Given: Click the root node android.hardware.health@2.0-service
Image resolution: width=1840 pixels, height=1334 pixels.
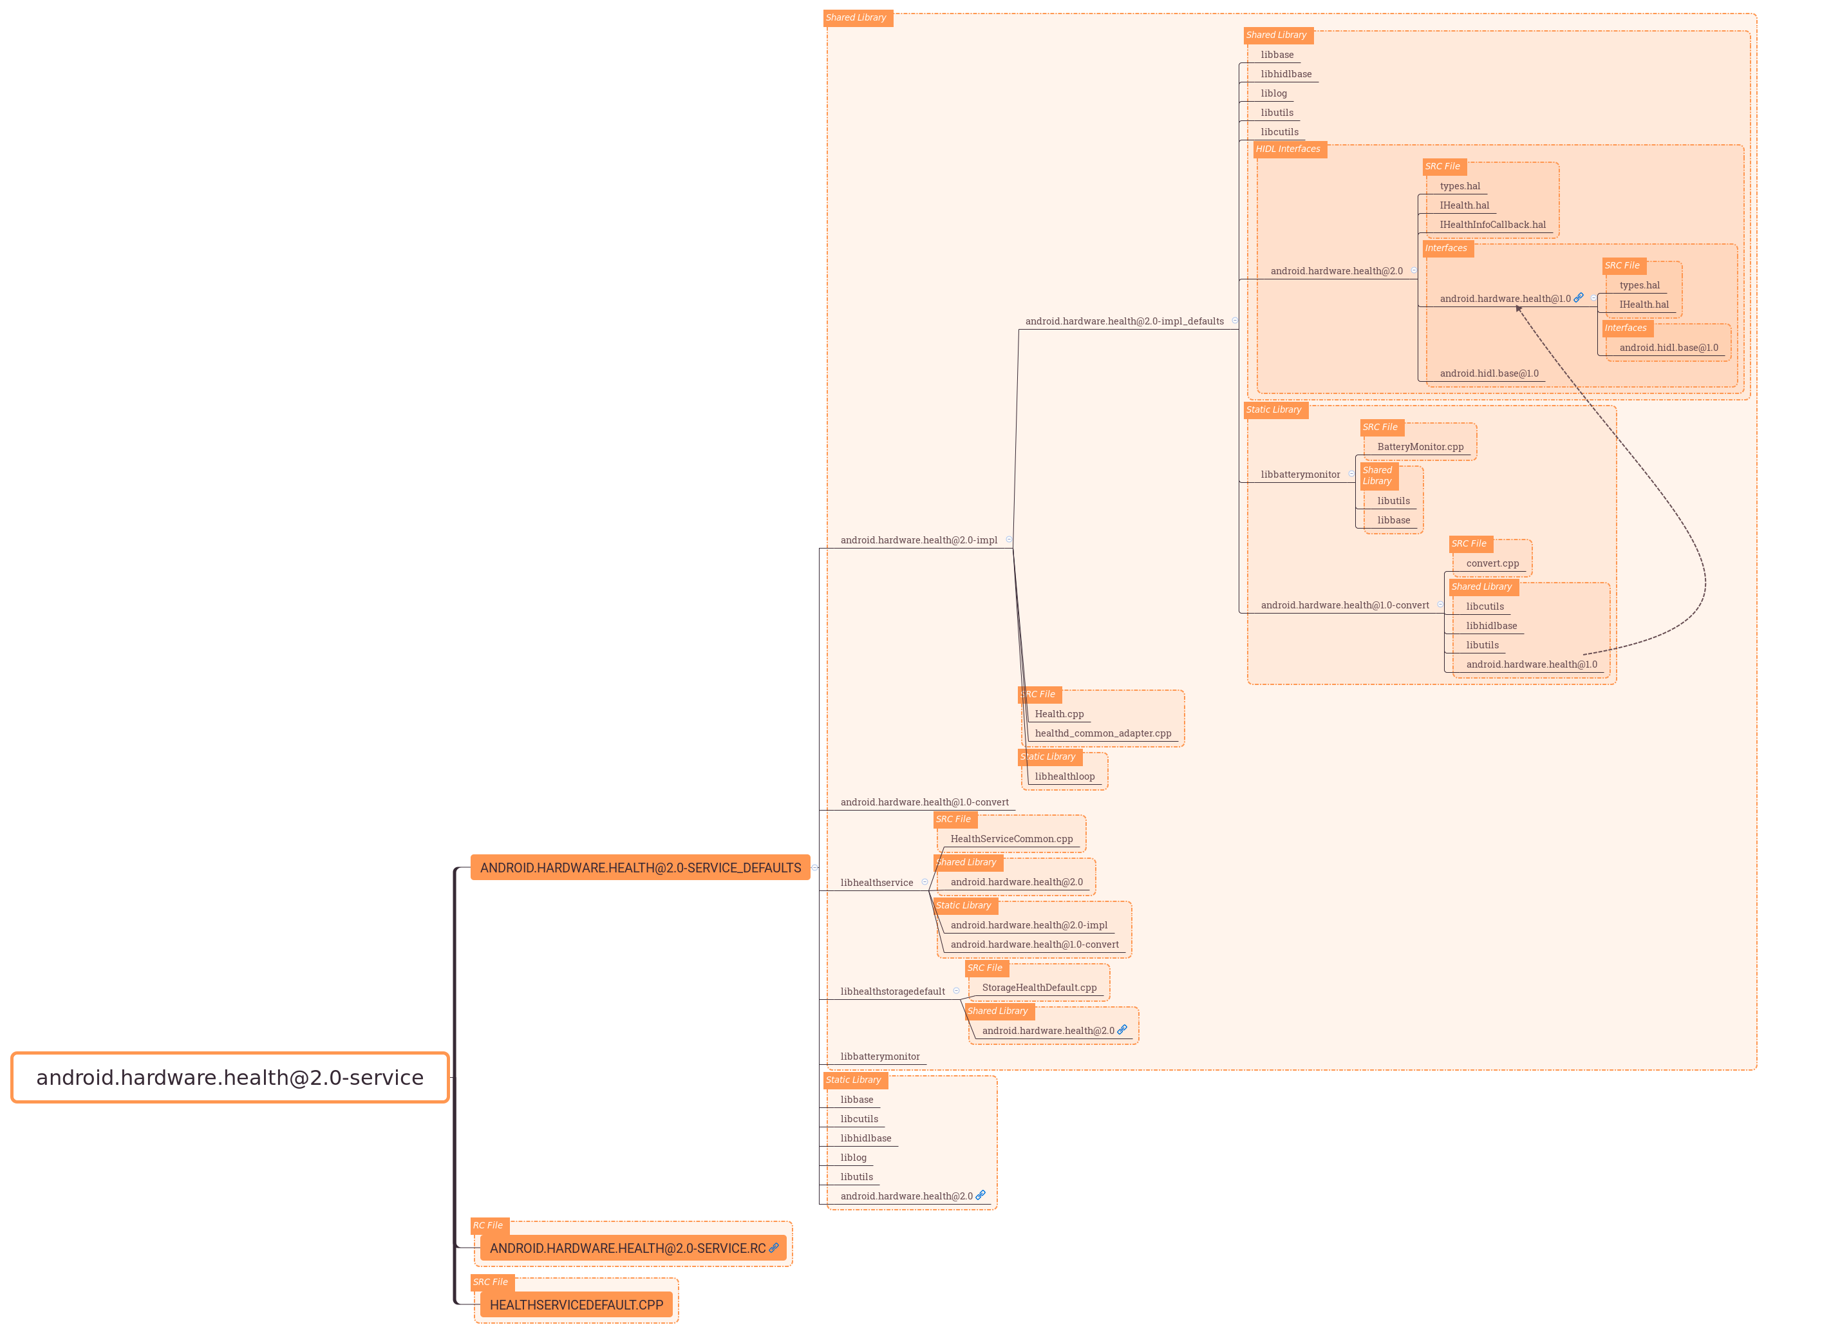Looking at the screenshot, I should pyautogui.click(x=230, y=1078).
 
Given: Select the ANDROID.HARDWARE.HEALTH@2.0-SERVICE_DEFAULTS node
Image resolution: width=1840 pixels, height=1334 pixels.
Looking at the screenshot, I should pyautogui.click(x=640, y=867).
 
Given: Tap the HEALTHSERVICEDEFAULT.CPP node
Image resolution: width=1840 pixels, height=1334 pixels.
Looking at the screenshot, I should pyautogui.click(x=576, y=1305).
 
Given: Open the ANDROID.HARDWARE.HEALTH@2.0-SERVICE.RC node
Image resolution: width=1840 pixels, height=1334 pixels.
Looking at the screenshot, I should pyautogui.click(x=627, y=1248).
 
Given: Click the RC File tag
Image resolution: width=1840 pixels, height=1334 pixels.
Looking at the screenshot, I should pyautogui.click(x=489, y=1225).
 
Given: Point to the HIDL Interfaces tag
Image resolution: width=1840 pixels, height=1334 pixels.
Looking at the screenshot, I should pyautogui.click(x=1288, y=149).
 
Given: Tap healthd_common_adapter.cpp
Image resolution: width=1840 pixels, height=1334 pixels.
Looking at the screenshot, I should pyautogui.click(x=1103, y=733).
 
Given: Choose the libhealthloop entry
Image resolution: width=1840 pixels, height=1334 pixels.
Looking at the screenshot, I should pyautogui.click(x=1064, y=776).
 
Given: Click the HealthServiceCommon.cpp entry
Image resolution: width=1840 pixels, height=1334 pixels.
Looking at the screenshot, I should pyautogui.click(x=1011, y=839).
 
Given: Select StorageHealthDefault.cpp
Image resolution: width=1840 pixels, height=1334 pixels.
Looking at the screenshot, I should pyautogui.click(x=1038, y=988).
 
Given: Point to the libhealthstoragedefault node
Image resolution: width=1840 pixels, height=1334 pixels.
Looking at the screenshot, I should pyautogui.click(x=892, y=991).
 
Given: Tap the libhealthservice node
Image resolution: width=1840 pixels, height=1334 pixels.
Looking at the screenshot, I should pyautogui.click(x=876, y=883).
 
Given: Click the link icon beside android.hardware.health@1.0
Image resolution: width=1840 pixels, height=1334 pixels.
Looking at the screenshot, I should pyautogui.click(x=1578, y=298).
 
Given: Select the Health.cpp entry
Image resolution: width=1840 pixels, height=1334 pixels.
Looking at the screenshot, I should pyautogui.click(x=1058, y=714).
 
